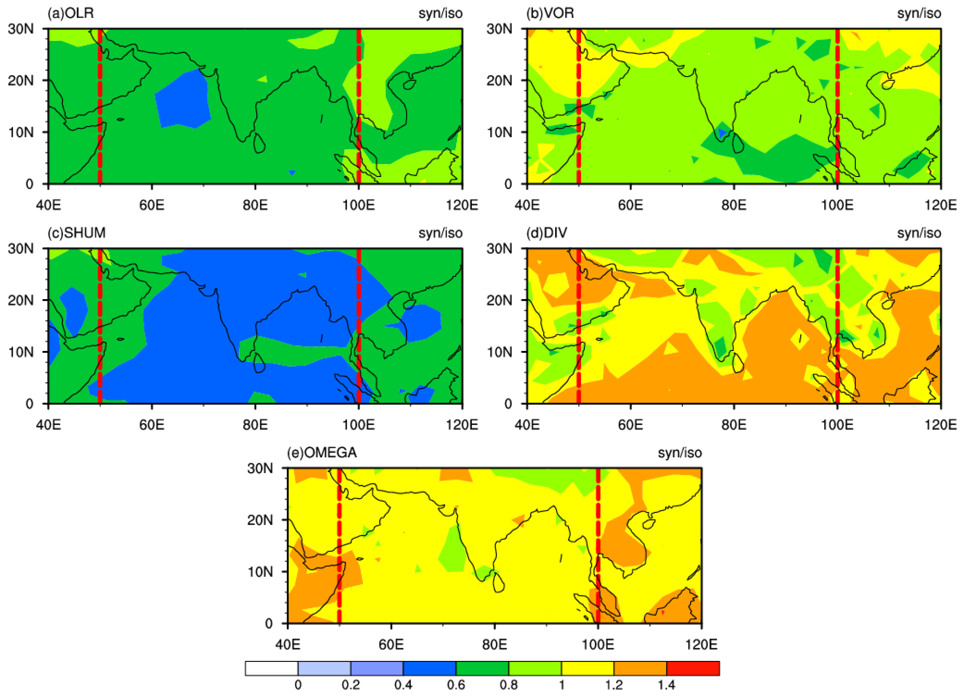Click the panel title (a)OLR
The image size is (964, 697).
coord(71,13)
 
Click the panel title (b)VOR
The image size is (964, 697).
coord(550,13)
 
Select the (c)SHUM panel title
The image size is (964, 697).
coord(76,233)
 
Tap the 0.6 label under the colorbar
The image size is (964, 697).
coord(456,685)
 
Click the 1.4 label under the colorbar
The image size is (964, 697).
coord(666,685)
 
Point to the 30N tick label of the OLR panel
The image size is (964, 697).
coord(21,29)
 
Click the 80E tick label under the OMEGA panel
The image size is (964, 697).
coord(494,645)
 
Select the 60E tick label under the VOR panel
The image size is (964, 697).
coord(630,205)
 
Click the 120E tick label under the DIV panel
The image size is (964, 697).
coord(941,425)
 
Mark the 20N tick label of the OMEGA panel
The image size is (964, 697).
coord(260,520)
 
